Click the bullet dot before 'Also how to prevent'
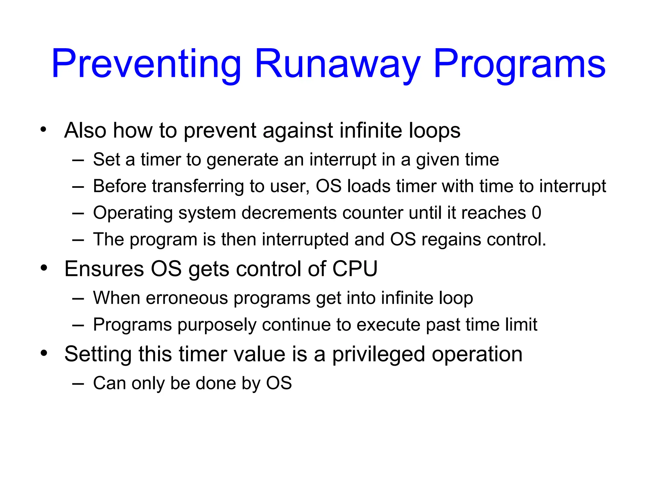44,130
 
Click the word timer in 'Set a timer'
161,160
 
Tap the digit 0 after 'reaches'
536,213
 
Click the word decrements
289,213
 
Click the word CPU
355,269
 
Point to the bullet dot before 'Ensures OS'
44,268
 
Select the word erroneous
187,298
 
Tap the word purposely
217,325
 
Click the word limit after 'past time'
521,325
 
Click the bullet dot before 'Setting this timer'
44,353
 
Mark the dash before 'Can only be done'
78,384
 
